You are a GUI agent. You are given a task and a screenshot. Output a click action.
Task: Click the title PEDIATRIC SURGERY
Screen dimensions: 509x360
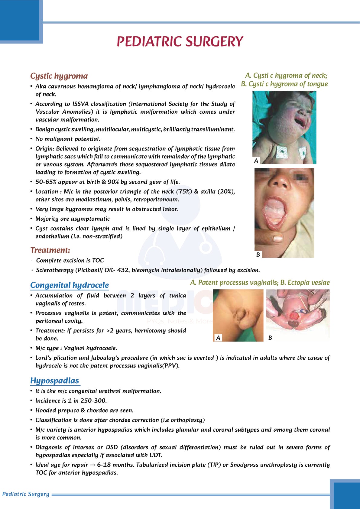(180, 42)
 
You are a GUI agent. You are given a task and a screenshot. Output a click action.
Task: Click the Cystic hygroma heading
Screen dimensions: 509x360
(59, 76)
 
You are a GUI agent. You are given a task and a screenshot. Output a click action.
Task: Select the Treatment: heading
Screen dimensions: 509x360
(50, 250)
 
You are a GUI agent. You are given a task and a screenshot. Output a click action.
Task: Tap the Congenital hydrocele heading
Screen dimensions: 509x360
(70, 285)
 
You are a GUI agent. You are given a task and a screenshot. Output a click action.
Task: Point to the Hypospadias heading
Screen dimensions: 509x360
(55, 381)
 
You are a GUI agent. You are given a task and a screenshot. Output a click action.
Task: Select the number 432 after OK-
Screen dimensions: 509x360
(123, 270)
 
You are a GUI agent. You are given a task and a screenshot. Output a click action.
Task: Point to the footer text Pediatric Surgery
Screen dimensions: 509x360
(26, 494)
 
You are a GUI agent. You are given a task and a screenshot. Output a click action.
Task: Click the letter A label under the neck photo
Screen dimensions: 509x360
(256, 161)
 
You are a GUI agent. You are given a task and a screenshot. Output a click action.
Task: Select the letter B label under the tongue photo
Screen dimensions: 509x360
(258, 254)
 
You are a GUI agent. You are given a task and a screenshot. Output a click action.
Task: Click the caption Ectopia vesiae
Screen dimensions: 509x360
(309, 283)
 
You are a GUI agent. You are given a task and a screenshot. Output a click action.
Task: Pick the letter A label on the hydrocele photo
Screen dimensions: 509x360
(218, 338)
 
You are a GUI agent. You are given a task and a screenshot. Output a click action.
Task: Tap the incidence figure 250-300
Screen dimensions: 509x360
(93, 401)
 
